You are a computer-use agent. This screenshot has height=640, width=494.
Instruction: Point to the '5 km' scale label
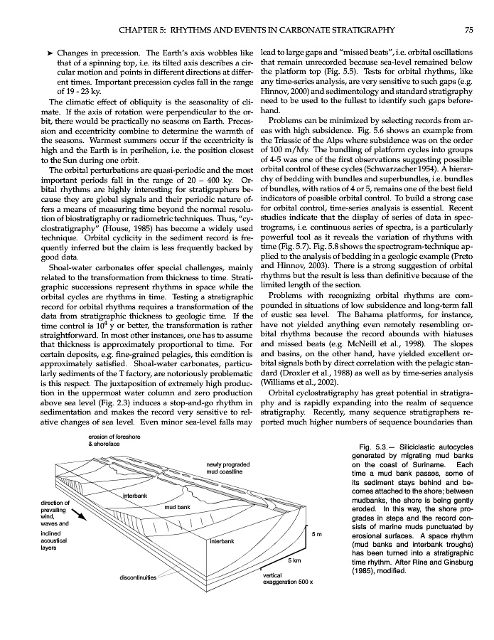[x=295, y=562]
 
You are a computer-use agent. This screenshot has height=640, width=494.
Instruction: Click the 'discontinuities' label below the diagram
[x=138, y=577]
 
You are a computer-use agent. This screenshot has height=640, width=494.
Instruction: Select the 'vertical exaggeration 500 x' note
[x=287, y=578]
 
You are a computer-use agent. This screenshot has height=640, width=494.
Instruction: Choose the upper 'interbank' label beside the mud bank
[x=134, y=495]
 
